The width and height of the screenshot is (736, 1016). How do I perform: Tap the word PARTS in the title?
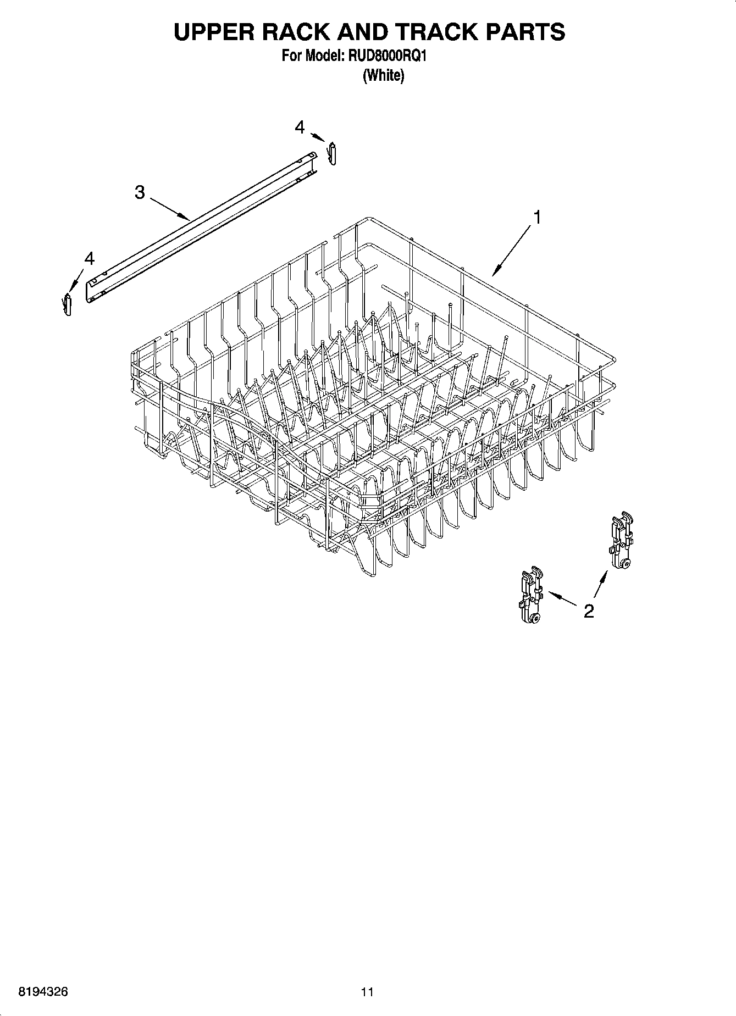point(525,32)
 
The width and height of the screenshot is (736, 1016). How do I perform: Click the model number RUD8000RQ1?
point(388,57)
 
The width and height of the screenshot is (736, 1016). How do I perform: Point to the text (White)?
point(383,75)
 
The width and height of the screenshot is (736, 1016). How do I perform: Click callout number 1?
point(536,218)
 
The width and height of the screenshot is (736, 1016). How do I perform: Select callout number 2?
point(589,611)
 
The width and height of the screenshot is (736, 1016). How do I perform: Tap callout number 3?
point(140,192)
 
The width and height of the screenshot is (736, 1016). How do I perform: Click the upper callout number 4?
point(299,127)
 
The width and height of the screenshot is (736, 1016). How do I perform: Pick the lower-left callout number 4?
point(89,258)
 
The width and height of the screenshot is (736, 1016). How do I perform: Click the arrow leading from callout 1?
point(513,251)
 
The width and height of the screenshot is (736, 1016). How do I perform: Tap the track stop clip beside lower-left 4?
point(68,304)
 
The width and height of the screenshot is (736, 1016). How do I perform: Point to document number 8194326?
point(43,992)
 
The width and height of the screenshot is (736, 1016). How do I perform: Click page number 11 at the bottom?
point(367,992)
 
